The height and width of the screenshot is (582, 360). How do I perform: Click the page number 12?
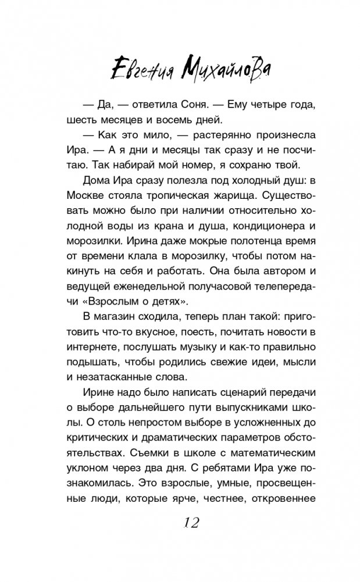coord(188,523)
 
